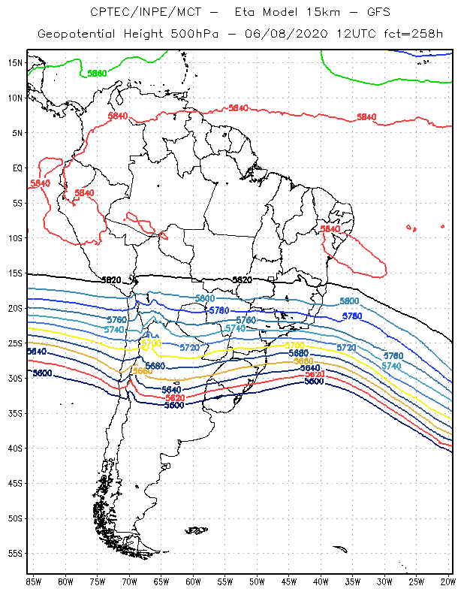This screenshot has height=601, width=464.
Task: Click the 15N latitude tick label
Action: point(16,62)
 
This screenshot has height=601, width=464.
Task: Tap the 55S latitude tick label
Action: point(16,554)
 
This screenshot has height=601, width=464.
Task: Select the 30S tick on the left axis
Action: point(16,378)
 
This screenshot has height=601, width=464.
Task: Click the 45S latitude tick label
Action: point(16,483)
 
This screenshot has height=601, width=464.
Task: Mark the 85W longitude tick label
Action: point(34,581)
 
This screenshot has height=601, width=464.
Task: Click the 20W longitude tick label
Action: point(448,581)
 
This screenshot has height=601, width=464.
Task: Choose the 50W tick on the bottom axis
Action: point(257,581)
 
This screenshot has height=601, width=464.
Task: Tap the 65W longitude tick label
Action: point(161,581)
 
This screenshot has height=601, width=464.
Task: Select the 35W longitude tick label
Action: point(353,581)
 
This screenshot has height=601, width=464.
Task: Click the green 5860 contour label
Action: point(97,73)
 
